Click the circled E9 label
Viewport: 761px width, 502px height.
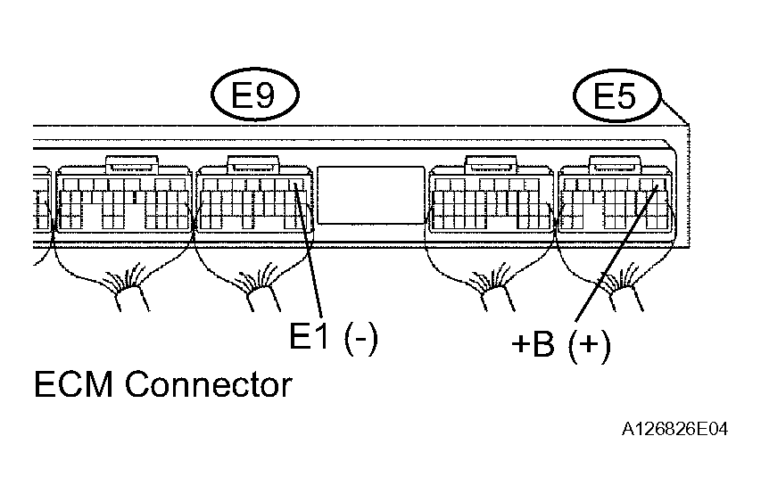coord(255,95)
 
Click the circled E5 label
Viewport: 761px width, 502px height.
coord(616,95)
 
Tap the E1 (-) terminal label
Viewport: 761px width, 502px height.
coord(334,337)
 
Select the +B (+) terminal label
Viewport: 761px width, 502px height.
coord(561,344)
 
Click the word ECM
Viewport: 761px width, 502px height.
coord(73,384)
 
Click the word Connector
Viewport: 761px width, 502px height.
coord(209,384)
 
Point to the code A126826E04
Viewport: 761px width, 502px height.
coord(674,429)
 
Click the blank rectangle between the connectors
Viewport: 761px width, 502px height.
coord(371,195)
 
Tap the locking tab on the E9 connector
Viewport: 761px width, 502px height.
coord(254,164)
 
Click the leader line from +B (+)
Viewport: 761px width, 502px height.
coord(616,253)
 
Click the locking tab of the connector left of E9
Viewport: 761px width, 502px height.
coord(131,164)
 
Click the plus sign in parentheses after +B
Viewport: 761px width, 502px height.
coord(590,344)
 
